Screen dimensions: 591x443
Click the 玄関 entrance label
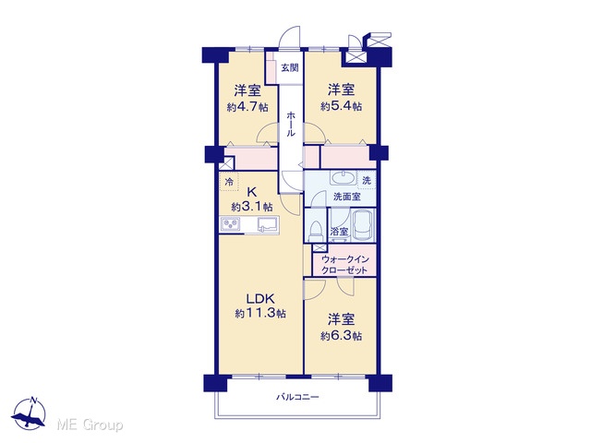290,67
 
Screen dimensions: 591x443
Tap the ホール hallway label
291,125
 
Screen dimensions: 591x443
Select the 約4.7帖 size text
247,107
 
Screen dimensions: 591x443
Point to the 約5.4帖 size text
341,106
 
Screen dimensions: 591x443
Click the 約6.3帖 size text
341,336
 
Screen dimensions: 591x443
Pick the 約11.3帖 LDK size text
260,313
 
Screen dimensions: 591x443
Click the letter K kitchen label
251,193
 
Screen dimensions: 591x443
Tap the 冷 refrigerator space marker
229,183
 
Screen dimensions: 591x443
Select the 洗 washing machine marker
367,181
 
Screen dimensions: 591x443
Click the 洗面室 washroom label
347,197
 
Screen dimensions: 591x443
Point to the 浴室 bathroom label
339,232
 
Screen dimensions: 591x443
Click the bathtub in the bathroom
363,225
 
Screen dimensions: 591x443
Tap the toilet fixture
316,231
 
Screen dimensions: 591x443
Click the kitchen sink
268,225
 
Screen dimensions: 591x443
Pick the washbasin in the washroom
343,177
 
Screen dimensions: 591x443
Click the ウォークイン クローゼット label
344,265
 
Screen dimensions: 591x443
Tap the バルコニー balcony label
297,397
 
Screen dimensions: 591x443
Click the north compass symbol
29,413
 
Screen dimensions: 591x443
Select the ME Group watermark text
90,425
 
